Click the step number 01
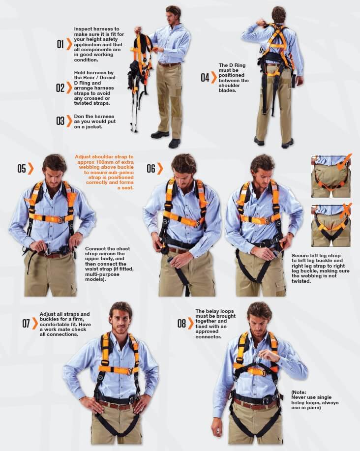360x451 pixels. (60, 44)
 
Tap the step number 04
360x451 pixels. (205, 77)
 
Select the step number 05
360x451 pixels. (22, 169)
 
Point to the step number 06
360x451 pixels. (151, 169)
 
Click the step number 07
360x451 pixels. (26, 323)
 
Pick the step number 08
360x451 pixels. (181, 323)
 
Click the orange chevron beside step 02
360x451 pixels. (69, 88)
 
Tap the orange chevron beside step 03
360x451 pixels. (69, 121)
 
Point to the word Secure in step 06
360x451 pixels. (300, 255)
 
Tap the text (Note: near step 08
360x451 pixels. (299, 392)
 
